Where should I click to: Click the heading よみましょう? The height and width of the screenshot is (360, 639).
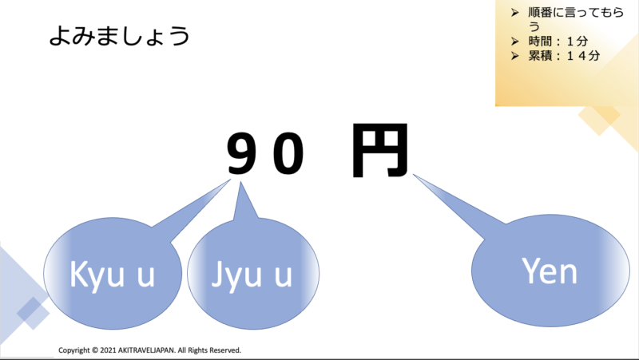[x=119, y=37]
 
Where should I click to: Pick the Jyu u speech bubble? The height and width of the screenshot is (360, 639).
[x=248, y=273]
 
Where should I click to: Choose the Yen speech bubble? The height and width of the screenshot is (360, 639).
[x=549, y=271]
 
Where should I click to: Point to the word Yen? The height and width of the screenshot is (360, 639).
[x=549, y=271]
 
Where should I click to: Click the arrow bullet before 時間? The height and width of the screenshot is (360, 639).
[x=514, y=42]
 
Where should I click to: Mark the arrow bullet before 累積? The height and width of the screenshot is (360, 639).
[x=514, y=56]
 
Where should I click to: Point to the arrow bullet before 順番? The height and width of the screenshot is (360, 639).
[x=514, y=14]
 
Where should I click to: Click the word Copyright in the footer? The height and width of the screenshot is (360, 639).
[x=74, y=350]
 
